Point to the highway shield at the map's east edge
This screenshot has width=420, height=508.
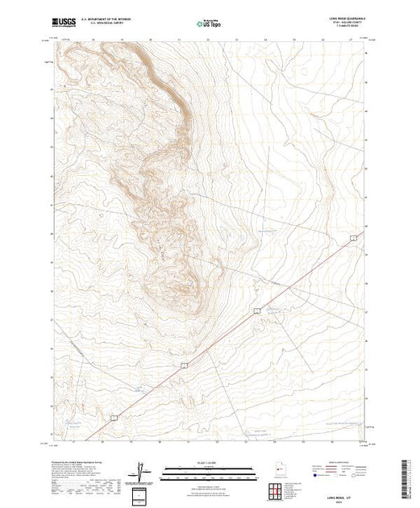tap(352, 239)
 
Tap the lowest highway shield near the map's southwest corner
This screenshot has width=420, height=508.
tap(114, 417)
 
